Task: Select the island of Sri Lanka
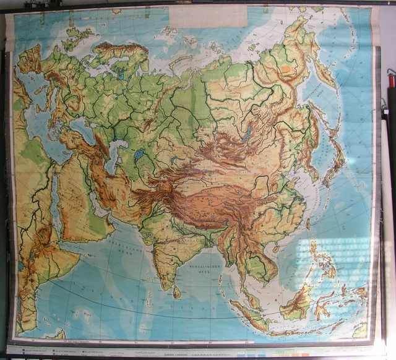point(177,291)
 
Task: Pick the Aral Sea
point(139,154)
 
